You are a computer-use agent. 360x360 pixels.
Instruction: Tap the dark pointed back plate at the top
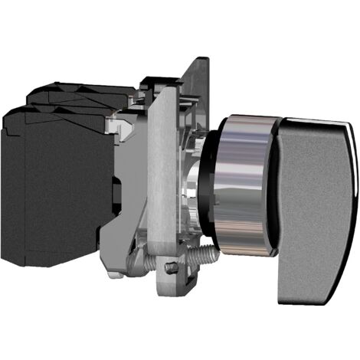click(200, 77)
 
